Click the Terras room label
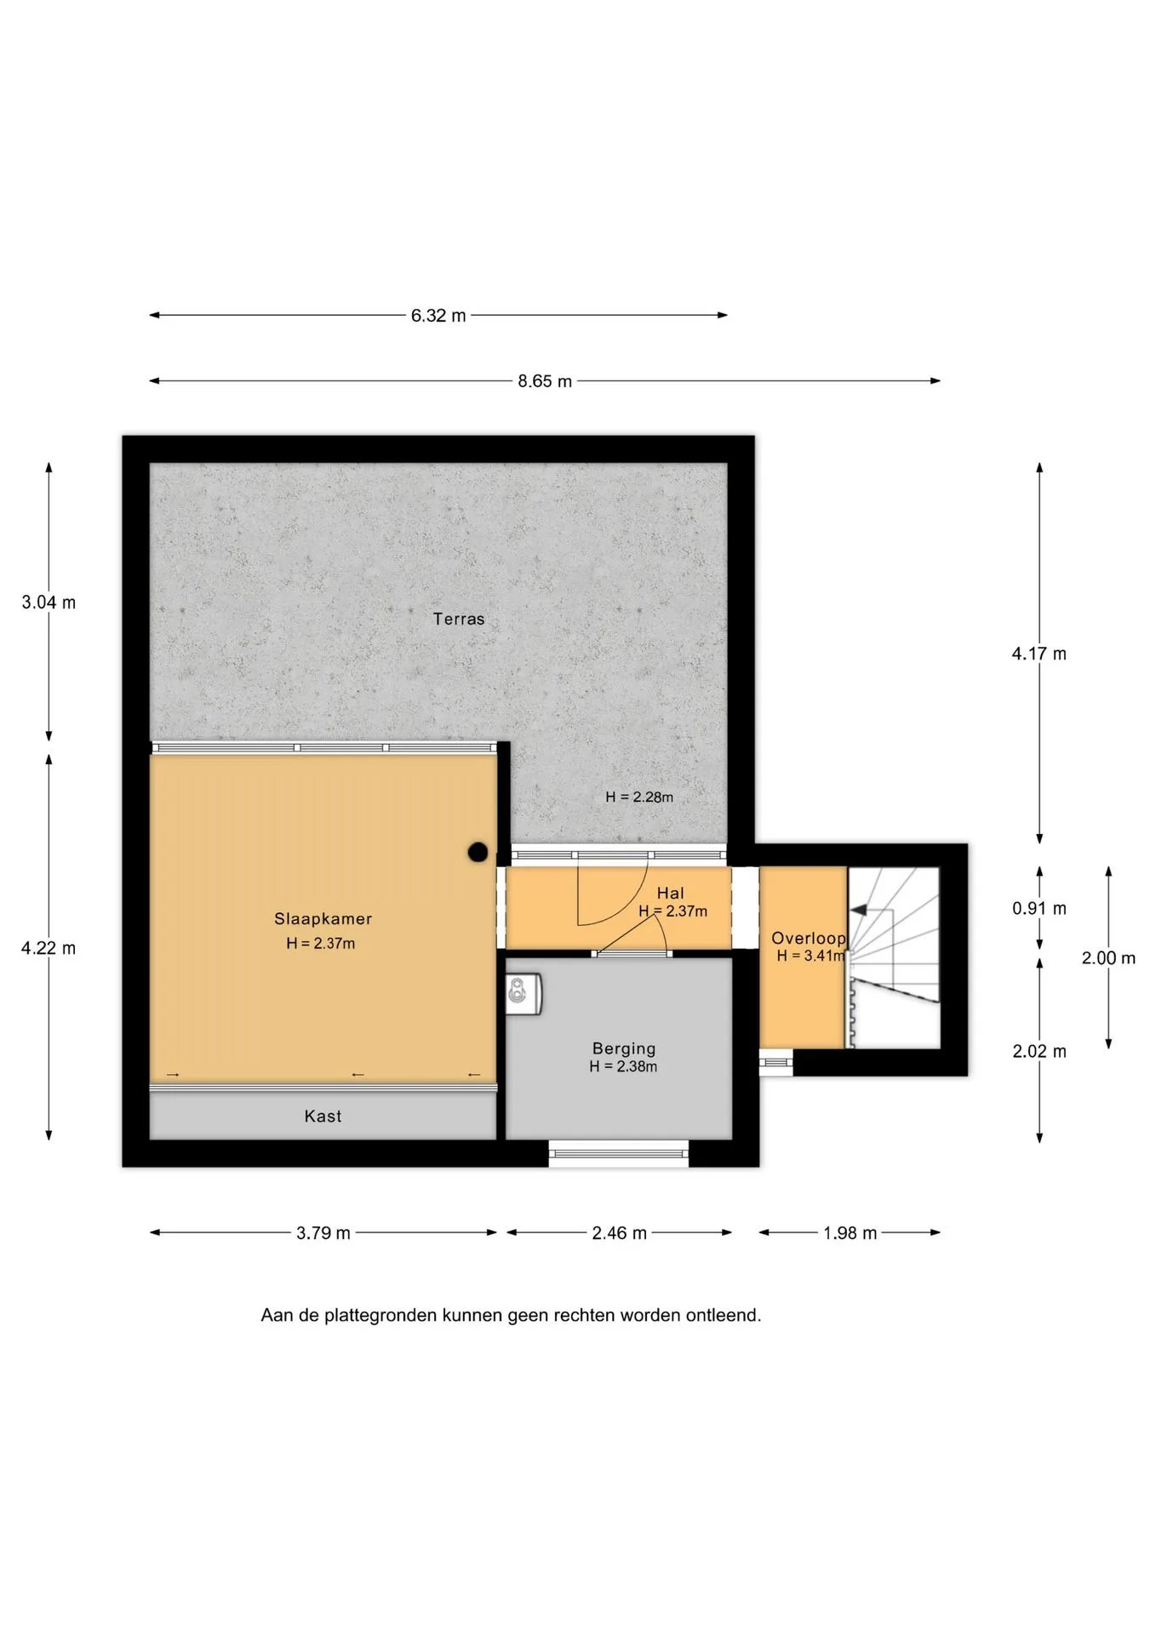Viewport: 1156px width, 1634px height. pos(458,619)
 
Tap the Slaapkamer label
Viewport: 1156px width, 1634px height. pos(323,918)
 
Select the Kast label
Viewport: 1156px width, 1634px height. pos(323,1116)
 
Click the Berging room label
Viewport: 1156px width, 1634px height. pos(624,1048)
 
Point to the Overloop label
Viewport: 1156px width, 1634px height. pos(809,938)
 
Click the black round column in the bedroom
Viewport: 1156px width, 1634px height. pos(478,851)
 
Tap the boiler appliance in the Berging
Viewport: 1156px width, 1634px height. pos(524,993)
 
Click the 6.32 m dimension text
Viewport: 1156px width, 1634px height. pos(438,315)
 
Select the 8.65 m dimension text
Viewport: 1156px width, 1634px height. pos(545,381)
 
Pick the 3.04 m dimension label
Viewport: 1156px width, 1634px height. pos(49,603)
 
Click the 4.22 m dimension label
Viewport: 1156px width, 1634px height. pos(49,948)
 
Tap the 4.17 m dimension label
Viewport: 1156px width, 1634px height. pos(1039,654)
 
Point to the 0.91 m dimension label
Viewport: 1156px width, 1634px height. pos(1039,908)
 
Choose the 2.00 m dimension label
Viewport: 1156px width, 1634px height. pos(1108,958)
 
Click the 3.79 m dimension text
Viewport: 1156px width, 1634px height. pos(323,1233)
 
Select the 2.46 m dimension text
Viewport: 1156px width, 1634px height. pos(619,1233)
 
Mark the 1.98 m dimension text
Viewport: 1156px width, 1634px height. pos(850,1233)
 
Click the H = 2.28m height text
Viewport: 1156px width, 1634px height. pos(639,797)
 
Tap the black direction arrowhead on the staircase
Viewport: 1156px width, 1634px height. pos(860,910)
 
